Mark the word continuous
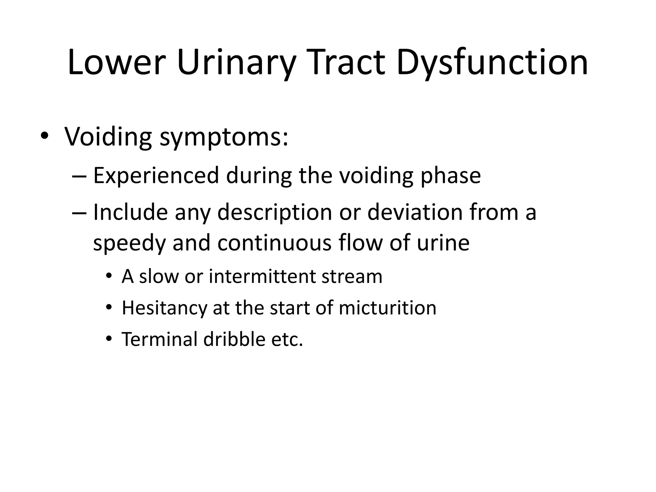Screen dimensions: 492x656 tap(274, 243)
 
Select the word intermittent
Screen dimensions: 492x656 tap(261, 276)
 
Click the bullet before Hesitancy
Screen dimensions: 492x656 tap(109, 307)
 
